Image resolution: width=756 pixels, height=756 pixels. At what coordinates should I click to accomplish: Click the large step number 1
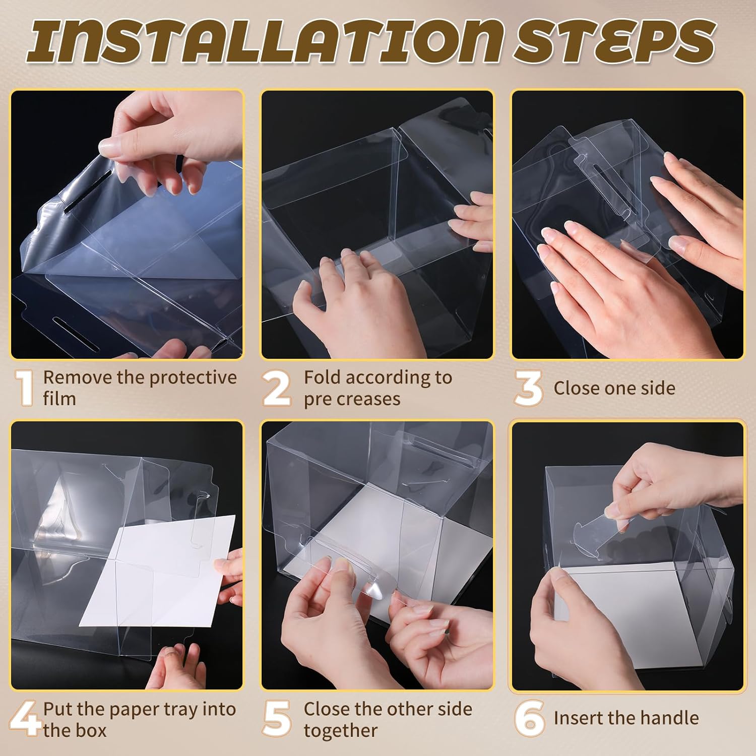[25, 388]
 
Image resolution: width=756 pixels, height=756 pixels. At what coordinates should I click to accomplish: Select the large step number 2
[277, 388]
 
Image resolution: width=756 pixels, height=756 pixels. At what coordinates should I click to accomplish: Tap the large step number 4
[25, 719]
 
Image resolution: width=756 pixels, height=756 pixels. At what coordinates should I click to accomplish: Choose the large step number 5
[277, 719]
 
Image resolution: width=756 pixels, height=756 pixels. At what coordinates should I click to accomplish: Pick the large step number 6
[529, 719]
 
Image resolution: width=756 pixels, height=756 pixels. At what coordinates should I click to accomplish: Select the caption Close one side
[614, 388]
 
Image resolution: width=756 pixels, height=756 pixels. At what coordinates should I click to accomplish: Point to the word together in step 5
[341, 731]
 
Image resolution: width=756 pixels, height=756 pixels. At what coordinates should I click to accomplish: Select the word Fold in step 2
[323, 377]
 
